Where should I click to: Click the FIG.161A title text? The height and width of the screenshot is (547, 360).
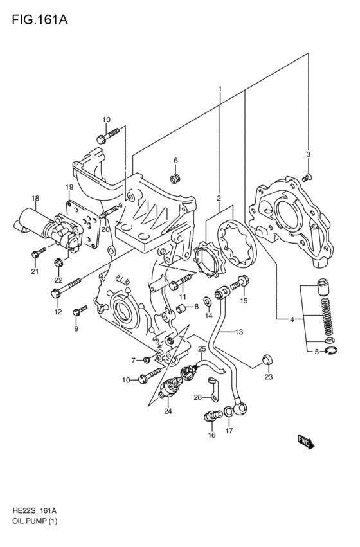click(40, 19)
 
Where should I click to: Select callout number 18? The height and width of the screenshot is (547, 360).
click(35, 199)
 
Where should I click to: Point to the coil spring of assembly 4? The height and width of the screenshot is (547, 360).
click(328, 316)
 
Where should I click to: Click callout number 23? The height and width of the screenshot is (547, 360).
click(269, 377)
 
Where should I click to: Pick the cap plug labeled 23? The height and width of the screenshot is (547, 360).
click(268, 359)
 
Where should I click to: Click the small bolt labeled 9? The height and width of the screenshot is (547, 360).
click(80, 310)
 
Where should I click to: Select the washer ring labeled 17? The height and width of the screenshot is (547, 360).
click(228, 411)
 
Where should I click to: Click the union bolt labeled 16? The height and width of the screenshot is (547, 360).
click(212, 415)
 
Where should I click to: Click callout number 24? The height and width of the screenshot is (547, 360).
click(168, 411)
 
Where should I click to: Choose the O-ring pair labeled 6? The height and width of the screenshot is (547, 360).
click(175, 179)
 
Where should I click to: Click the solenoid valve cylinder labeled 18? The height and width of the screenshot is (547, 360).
click(35, 222)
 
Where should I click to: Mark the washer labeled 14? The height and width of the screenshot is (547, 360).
click(207, 300)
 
